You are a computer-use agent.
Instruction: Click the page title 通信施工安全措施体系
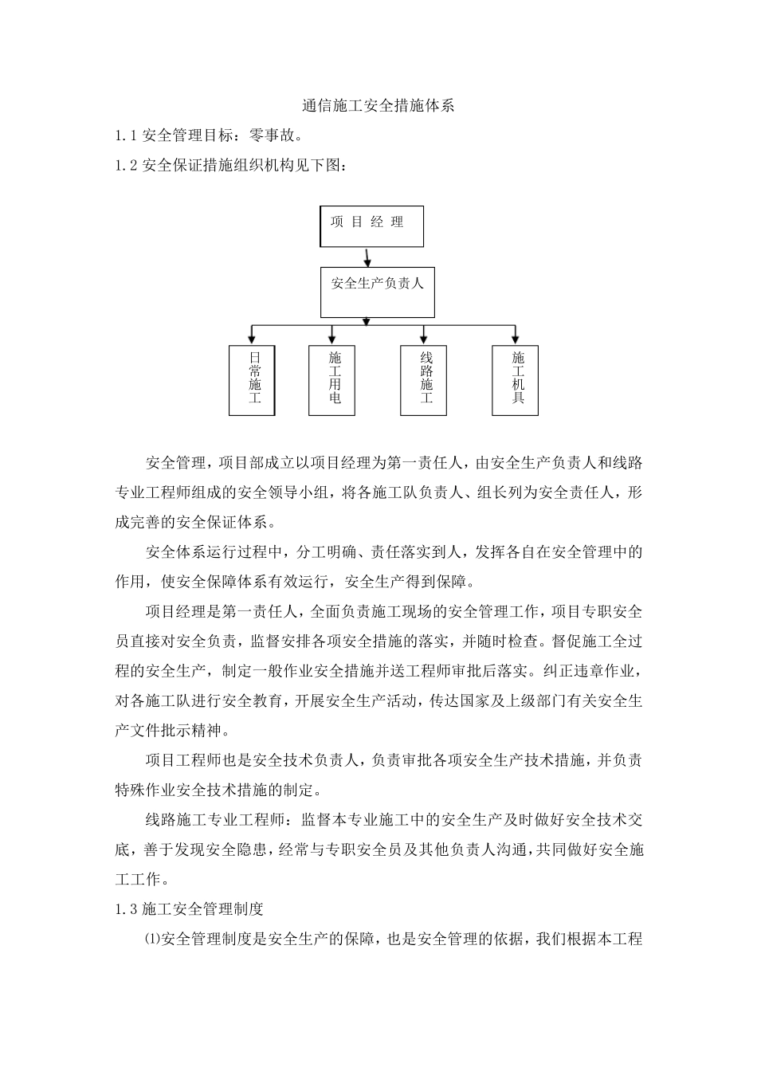[x=378, y=105]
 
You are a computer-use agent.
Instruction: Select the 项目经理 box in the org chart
[x=371, y=226]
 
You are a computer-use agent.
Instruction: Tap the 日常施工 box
[x=253, y=380]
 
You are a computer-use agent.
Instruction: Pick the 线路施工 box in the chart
[x=424, y=380]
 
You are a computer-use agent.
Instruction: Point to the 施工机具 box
[x=515, y=380]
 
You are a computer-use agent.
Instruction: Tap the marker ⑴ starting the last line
[x=152, y=939]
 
